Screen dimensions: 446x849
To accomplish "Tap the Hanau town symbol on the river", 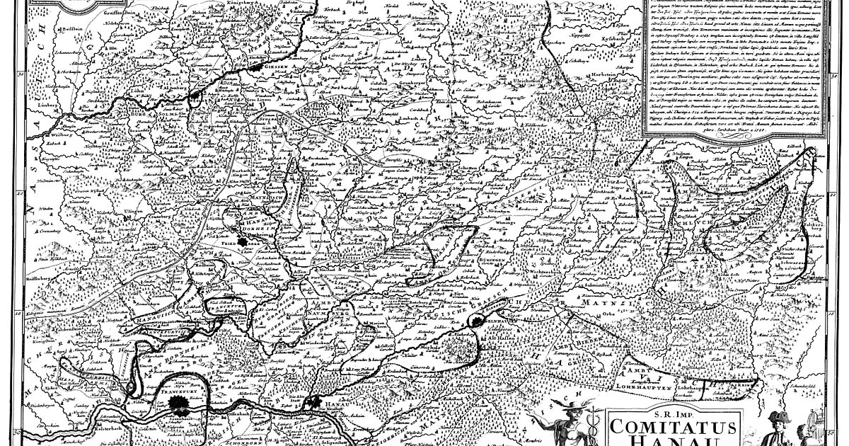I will [x=316, y=401].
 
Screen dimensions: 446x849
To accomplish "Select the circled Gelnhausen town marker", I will [x=479, y=317].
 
